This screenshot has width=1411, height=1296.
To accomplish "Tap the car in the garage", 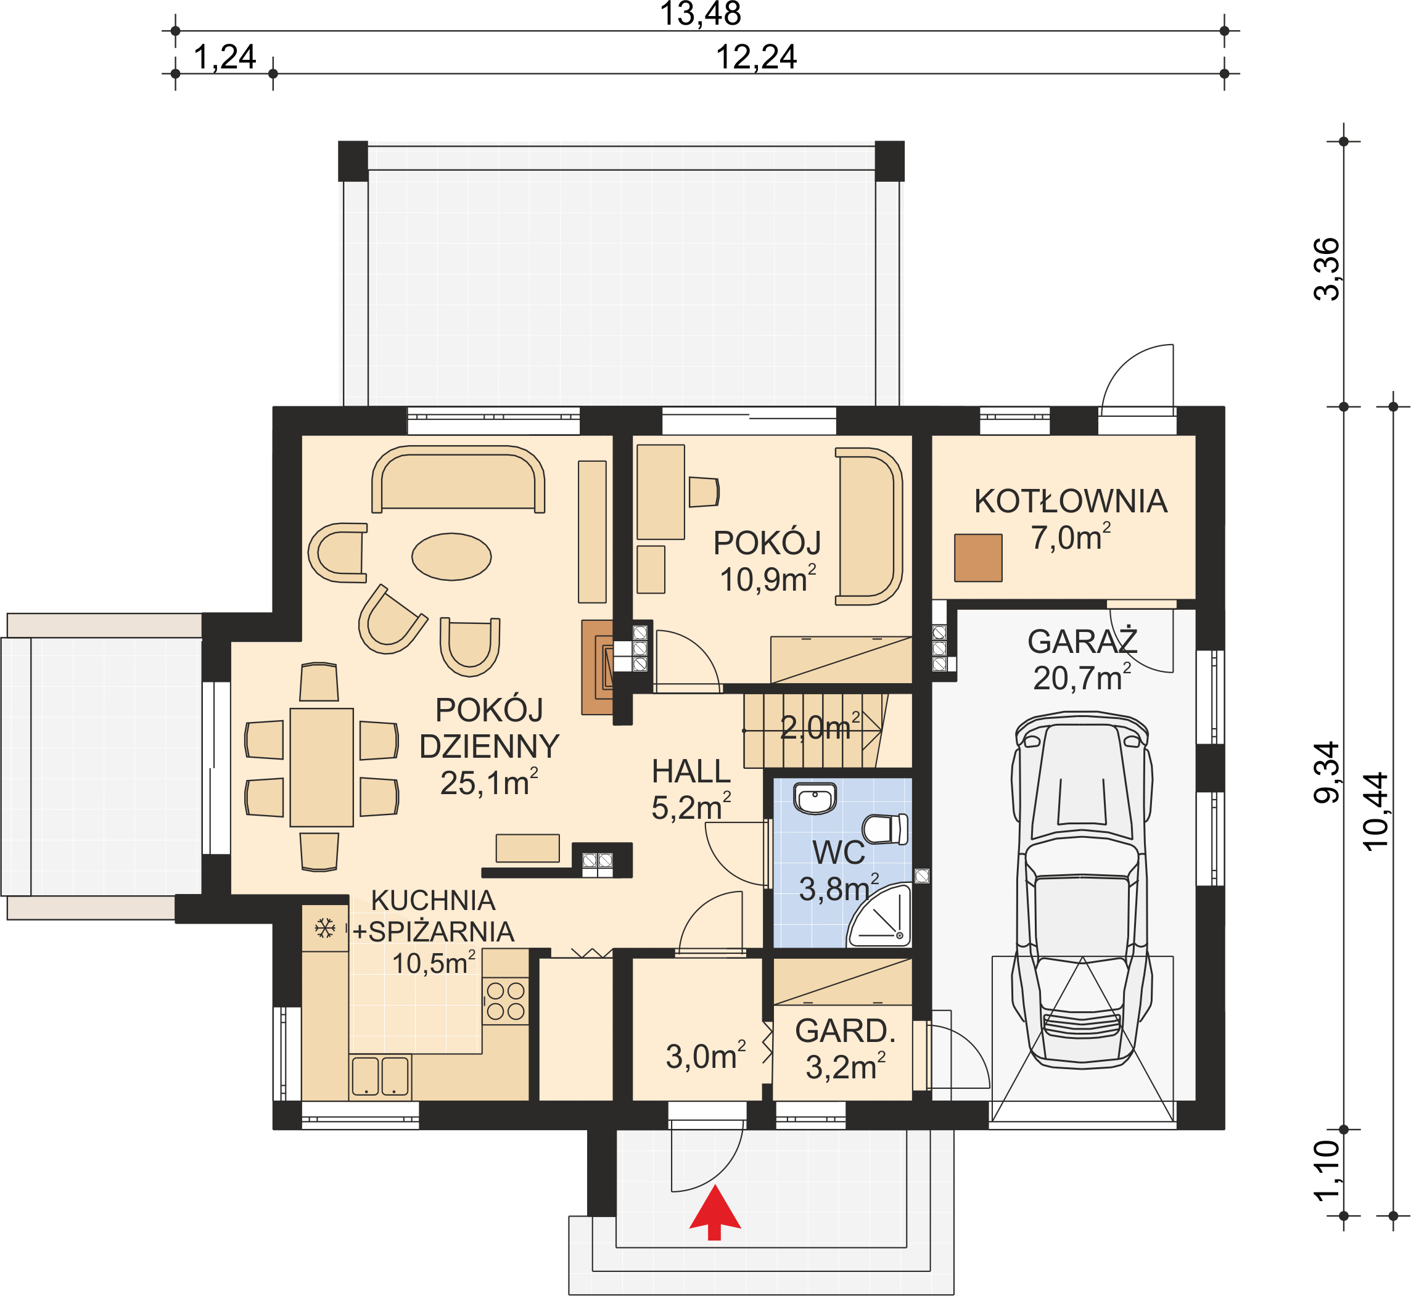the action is (x=1082, y=891).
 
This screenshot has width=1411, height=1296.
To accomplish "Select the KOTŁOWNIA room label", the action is (x=1071, y=502).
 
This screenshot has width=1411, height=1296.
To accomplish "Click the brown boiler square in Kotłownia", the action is (x=978, y=558).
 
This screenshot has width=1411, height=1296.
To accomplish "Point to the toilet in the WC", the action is (x=885, y=830).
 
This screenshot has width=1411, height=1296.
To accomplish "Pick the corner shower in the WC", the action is (x=879, y=916).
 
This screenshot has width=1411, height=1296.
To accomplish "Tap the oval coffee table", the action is (x=451, y=557).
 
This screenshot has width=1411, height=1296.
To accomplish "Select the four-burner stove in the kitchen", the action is (x=506, y=1001).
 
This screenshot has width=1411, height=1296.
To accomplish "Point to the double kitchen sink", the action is (x=380, y=1077).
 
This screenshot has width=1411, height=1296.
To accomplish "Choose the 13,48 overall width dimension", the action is (x=701, y=14).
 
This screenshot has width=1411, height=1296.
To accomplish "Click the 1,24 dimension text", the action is (x=224, y=57).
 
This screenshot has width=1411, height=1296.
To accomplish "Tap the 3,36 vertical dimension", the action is (x=1326, y=269).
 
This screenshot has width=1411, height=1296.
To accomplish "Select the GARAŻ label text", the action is (x=1082, y=641).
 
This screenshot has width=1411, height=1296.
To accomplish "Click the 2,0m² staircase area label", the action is (x=820, y=728).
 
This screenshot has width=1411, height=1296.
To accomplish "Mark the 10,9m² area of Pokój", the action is (x=768, y=580).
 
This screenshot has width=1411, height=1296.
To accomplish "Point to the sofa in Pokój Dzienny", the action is (x=458, y=480).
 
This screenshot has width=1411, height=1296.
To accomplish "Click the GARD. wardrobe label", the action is (x=845, y=1031).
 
